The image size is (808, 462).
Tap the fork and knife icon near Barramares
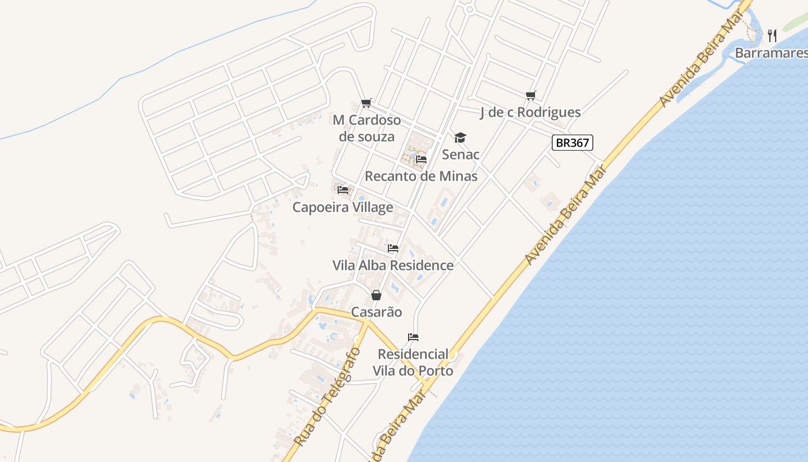773,36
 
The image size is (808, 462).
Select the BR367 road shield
573,143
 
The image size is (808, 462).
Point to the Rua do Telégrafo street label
327,397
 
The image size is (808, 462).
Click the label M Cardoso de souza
366,128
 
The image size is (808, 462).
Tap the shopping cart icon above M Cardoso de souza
366,103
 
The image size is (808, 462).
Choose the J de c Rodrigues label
530,112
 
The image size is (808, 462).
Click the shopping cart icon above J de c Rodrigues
531,95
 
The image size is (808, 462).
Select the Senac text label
461,154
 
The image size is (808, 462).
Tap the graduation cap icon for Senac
460,137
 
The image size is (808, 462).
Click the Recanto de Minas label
421,176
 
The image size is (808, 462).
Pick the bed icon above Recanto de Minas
421,159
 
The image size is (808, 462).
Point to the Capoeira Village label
343,207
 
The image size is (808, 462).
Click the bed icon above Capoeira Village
343,189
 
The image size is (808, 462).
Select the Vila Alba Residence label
393,265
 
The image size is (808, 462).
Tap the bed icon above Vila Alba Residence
393,248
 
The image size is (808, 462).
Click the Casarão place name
376,312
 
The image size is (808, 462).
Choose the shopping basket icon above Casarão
376,295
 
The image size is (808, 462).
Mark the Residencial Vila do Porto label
413,362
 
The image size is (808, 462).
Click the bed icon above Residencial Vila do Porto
413,337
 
